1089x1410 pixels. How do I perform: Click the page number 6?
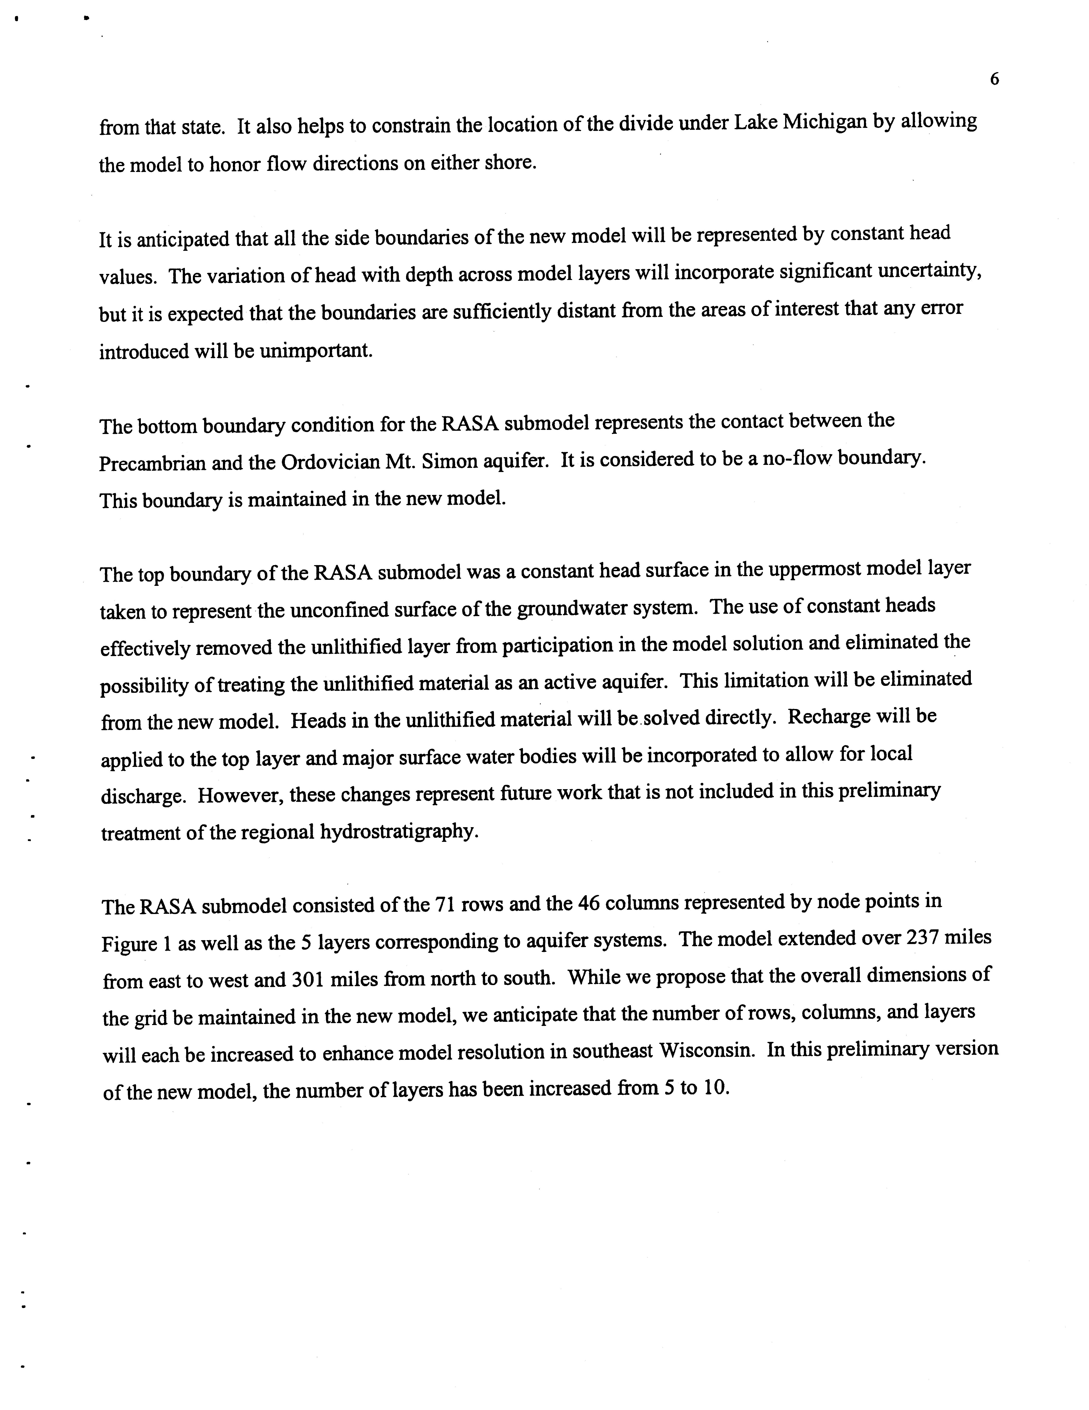(x=994, y=79)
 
